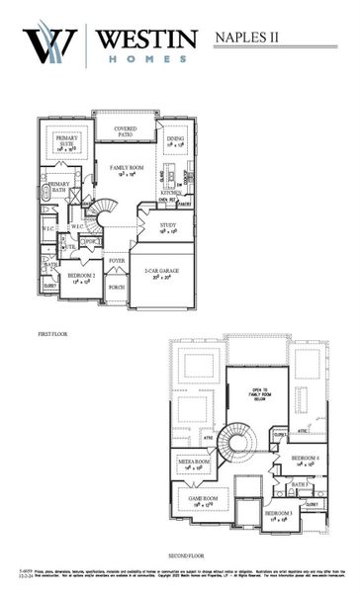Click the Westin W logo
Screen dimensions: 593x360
(50, 45)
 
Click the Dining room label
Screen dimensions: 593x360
(176, 141)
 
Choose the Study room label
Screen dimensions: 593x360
(168, 226)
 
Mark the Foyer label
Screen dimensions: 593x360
(117, 262)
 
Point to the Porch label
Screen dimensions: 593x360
(117, 288)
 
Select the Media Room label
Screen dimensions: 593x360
(195, 463)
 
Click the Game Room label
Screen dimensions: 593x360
(203, 499)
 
